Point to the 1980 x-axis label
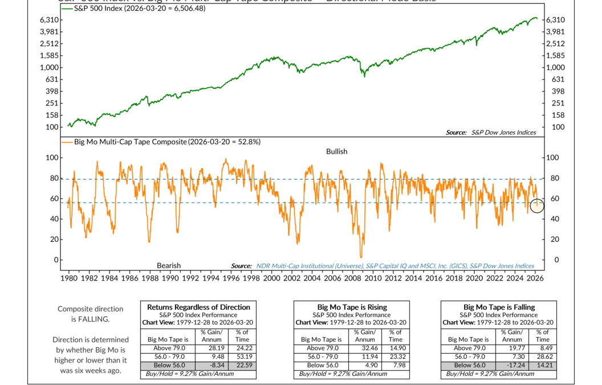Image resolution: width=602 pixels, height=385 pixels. (68, 278)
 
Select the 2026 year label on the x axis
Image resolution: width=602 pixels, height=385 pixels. (534, 278)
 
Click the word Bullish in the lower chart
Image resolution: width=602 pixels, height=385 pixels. (336, 152)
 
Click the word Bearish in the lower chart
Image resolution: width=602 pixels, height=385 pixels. (169, 266)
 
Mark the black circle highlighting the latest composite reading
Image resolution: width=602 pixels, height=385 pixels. (537, 206)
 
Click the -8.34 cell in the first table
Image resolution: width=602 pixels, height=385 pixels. (211, 365)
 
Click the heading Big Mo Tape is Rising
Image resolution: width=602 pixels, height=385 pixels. (352, 307)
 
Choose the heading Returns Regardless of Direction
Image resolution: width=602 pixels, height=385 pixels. (198, 307)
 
